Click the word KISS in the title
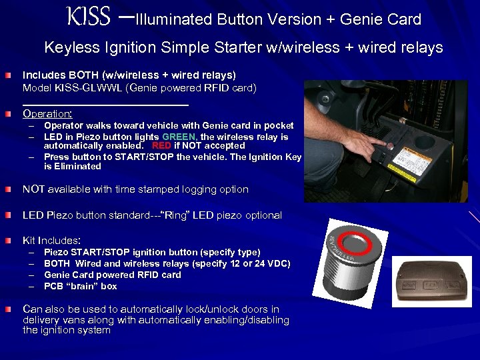[x=89, y=17]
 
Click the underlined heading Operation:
[x=47, y=114]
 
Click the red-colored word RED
[x=161, y=145]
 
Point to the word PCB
[x=53, y=286]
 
